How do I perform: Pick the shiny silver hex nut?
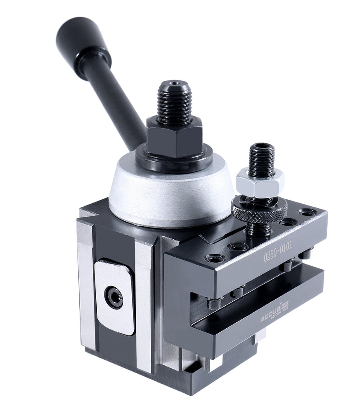[259, 182]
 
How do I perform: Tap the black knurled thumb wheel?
[259, 210]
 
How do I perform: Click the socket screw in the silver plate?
[114, 297]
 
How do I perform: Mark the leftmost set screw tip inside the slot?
[212, 303]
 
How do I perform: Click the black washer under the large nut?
[175, 155]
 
